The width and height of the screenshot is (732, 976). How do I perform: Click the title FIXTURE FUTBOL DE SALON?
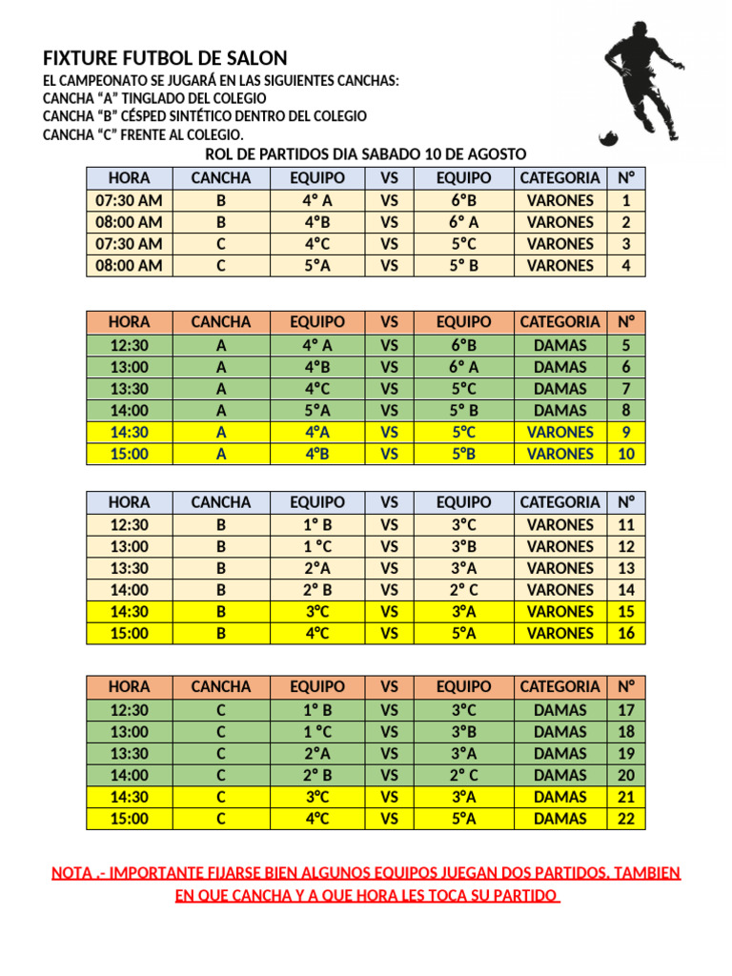click(x=165, y=57)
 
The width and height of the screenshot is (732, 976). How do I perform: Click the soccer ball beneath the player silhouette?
click(x=608, y=139)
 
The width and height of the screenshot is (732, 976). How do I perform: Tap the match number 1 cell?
click(x=625, y=200)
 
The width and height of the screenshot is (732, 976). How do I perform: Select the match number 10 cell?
click(x=625, y=454)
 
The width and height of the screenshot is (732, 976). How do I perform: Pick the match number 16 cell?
click(x=625, y=633)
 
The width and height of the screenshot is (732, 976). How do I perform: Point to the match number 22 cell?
click(x=625, y=818)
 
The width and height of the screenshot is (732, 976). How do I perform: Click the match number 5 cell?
click(x=625, y=345)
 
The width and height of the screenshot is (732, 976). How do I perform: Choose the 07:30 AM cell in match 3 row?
click(x=130, y=243)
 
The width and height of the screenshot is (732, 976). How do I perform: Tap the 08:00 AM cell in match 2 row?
click(x=130, y=222)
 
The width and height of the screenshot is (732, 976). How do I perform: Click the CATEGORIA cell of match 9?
click(x=559, y=432)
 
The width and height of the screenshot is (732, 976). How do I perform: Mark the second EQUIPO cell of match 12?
click(x=463, y=546)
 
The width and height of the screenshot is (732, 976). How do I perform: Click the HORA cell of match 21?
click(x=130, y=797)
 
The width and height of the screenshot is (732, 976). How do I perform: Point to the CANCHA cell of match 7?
click(x=221, y=389)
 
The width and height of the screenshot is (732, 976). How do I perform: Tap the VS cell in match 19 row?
click(x=389, y=753)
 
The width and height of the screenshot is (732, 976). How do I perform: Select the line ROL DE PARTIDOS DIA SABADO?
click(x=366, y=154)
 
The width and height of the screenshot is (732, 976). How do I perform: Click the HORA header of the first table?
click(x=130, y=178)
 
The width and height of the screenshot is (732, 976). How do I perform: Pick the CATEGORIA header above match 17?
click(x=559, y=686)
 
